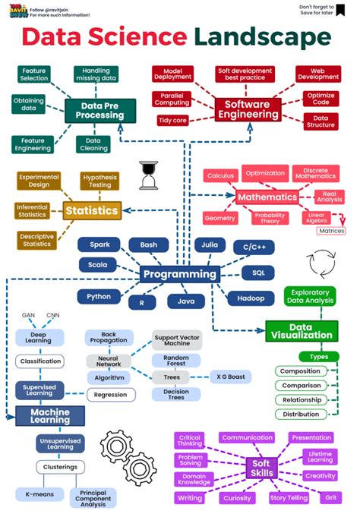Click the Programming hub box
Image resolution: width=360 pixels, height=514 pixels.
click(x=180, y=274)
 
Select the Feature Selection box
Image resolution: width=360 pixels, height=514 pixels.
click(x=33, y=74)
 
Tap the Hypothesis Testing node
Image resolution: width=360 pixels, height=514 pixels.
click(x=99, y=181)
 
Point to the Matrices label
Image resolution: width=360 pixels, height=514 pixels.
click(x=331, y=231)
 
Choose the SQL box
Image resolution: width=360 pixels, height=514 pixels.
click(x=258, y=272)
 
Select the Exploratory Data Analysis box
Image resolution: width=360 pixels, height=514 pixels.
click(x=309, y=296)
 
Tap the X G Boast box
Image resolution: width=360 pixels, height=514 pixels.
click(x=231, y=377)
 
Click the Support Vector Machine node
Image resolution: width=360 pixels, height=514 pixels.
click(x=176, y=341)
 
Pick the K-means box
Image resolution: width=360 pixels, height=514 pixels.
click(x=38, y=494)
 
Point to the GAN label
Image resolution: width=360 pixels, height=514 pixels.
click(x=28, y=315)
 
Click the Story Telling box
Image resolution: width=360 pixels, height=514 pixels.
click(x=289, y=498)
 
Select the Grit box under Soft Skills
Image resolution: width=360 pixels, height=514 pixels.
click(x=330, y=498)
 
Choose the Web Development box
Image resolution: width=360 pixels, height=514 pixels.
click(x=317, y=74)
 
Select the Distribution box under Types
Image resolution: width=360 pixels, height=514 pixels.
click(x=301, y=414)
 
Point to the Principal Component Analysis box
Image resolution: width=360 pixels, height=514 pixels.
click(x=95, y=498)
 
